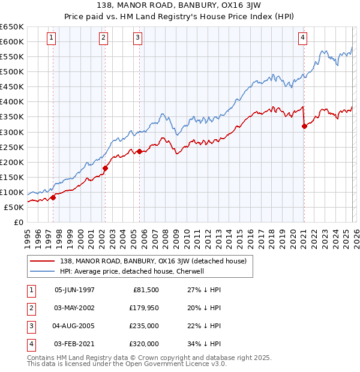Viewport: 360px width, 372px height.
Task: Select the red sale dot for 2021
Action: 304,126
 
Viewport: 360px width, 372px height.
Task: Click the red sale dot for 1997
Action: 53,197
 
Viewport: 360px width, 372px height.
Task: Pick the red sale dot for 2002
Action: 105,168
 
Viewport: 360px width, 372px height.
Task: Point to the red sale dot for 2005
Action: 139,151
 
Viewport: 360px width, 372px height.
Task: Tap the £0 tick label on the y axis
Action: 19,223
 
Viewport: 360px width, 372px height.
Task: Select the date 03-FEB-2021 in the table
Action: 74,344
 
